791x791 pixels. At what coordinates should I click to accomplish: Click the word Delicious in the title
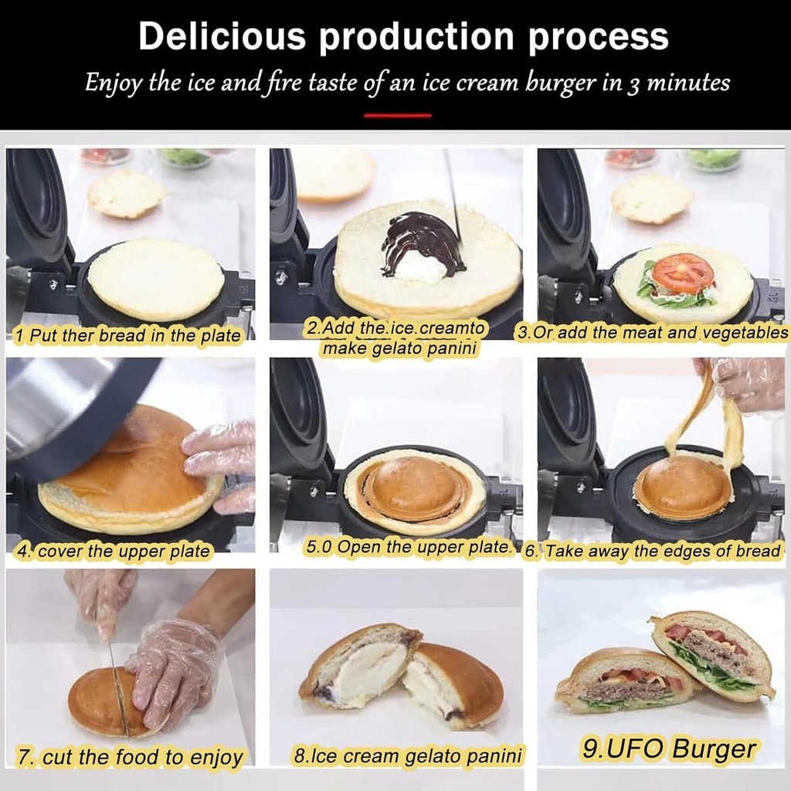click(x=221, y=36)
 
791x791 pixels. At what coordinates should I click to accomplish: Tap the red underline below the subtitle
click(x=397, y=115)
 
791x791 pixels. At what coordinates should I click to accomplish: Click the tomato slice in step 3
click(x=681, y=273)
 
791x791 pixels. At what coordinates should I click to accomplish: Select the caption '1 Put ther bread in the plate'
click(x=128, y=336)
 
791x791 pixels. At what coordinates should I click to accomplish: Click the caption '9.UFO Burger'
click(x=669, y=749)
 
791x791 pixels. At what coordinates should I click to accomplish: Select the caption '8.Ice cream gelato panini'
click(x=408, y=755)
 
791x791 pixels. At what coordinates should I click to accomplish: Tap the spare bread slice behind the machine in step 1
click(x=126, y=194)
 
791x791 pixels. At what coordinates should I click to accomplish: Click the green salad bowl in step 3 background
click(x=712, y=159)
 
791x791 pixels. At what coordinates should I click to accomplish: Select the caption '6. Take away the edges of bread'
click(x=653, y=552)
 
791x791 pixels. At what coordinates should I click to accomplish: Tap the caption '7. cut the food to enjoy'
click(x=130, y=758)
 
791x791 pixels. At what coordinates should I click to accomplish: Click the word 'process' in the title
click(x=598, y=36)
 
